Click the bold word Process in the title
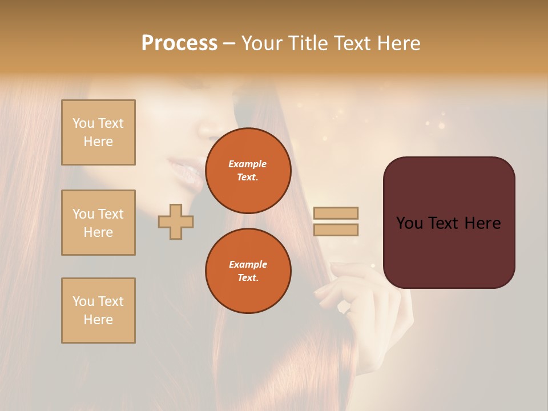179,43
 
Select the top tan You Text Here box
98,132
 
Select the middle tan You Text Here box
98,223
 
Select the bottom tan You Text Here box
98,311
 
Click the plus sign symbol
176,221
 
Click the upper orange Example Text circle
248,171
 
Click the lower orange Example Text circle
248,271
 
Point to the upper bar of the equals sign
336,213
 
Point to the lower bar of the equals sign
336,230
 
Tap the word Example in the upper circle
248,164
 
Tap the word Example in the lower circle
248,264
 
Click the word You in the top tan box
83,123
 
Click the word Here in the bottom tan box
98,320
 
